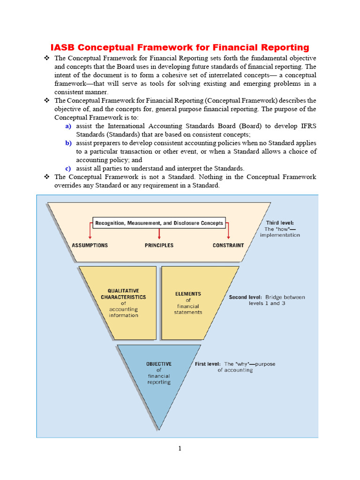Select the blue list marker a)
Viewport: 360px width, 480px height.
[x=68, y=126]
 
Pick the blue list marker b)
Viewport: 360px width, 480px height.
[x=68, y=143]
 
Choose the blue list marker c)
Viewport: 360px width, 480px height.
[x=68, y=168]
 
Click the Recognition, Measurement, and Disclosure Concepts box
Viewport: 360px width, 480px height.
[x=159, y=223]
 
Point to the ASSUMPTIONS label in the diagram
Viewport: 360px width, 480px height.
[x=90, y=245]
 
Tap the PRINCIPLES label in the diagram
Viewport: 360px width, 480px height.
[x=159, y=245]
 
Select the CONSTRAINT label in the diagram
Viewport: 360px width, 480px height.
[x=228, y=245]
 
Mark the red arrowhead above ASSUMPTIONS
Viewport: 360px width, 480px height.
[x=90, y=237]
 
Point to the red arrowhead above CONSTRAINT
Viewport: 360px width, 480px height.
[x=228, y=237]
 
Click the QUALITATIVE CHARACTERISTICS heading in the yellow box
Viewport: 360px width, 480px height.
[x=123, y=294]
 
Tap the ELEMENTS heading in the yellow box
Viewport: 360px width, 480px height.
[x=188, y=294]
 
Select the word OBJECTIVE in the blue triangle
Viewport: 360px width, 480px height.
[x=159, y=364]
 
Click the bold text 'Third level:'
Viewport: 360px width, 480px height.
[x=280, y=223]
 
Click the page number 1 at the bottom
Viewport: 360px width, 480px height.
[x=180, y=449]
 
